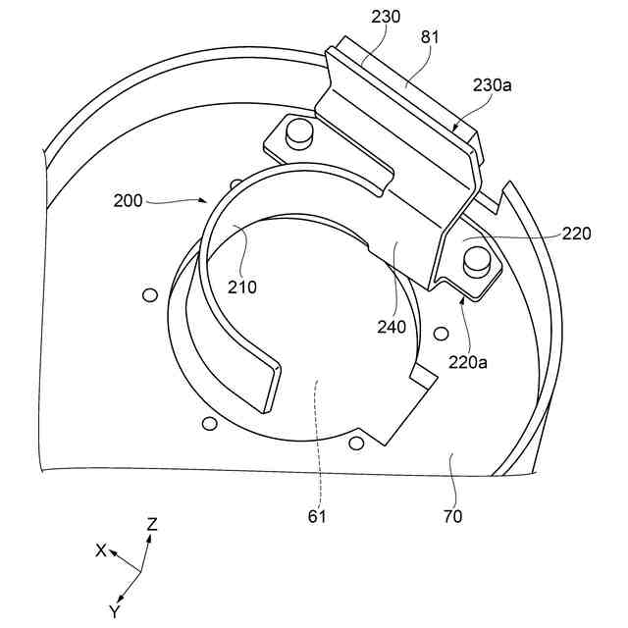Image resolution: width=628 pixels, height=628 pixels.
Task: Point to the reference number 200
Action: point(129,200)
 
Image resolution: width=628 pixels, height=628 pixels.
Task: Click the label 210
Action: point(242,288)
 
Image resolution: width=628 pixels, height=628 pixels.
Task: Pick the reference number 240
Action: point(391,328)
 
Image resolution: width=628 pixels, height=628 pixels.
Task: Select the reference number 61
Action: point(318,514)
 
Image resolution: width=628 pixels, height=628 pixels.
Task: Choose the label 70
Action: point(452,514)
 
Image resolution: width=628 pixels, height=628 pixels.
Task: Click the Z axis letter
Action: point(152,525)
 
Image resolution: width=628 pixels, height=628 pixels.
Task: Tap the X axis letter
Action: point(100,550)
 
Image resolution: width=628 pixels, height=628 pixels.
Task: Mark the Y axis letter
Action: point(115,610)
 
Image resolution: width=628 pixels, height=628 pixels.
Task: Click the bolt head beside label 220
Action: point(478,259)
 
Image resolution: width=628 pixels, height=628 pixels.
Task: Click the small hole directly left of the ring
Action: point(149,294)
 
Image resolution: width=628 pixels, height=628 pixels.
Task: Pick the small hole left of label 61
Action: point(207,423)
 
